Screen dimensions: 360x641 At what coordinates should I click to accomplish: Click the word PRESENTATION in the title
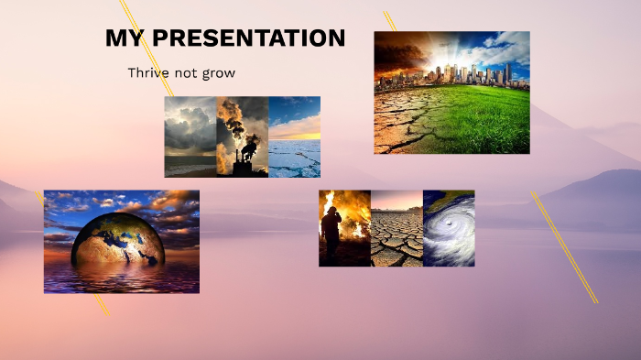(248, 38)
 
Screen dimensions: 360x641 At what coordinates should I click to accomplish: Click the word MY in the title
(125, 38)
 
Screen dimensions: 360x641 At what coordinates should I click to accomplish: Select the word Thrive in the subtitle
(149, 72)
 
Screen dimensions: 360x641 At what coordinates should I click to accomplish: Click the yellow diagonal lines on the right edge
(564, 247)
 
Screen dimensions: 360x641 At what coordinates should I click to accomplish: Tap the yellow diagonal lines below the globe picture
(101, 305)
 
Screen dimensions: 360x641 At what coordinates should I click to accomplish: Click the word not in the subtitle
(188, 72)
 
